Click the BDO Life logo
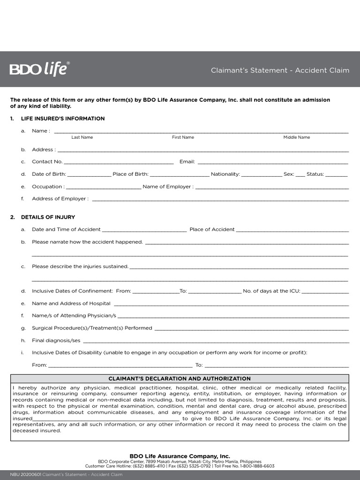39,69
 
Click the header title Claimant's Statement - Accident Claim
280,70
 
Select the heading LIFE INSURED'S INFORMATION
63,119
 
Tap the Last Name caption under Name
82,137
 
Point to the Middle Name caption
296,137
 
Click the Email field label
187,162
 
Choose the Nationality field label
225,174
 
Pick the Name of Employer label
167,187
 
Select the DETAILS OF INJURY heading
48,217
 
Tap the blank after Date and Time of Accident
144,230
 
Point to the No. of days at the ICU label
271,291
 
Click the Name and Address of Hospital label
71,303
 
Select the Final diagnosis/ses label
56,340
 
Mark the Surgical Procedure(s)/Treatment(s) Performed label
92,328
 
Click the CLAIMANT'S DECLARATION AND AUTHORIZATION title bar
180,379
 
